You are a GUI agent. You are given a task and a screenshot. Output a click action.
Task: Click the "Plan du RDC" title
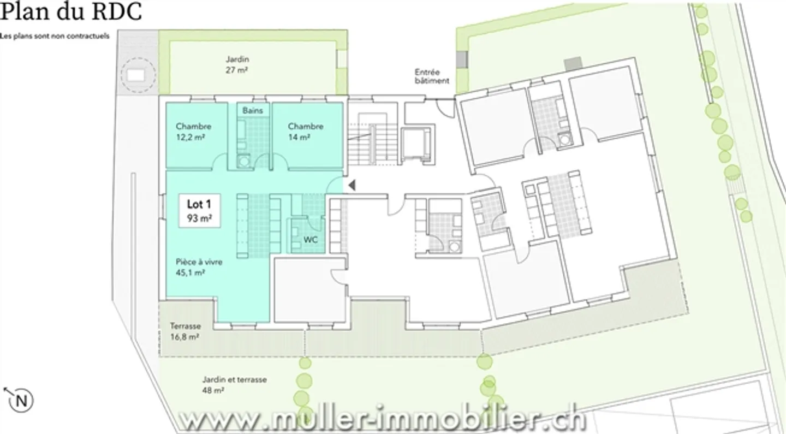(71, 12)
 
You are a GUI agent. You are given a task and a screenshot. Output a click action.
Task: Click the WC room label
(311, 240)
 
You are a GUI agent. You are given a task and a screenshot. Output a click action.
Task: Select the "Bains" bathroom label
(253, 110)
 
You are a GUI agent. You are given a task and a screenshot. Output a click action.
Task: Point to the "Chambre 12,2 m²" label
(193, 132)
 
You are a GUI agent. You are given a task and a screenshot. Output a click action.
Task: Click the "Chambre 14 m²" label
(306, 132)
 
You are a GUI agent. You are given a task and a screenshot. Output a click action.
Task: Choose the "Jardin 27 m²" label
(237, 65)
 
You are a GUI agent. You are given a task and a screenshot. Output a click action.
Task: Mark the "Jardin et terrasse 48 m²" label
(234, 385)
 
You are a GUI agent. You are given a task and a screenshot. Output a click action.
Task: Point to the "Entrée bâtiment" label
(431, 76)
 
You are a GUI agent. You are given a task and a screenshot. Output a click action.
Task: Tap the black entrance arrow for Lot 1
(352, 185)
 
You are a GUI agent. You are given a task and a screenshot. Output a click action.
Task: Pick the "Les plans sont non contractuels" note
(55, 36)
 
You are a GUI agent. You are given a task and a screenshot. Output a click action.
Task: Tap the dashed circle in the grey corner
(137, 74)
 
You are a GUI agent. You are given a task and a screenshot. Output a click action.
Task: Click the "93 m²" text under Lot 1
(199, 219)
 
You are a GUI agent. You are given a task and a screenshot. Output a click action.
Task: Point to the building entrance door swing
(446, 109)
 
